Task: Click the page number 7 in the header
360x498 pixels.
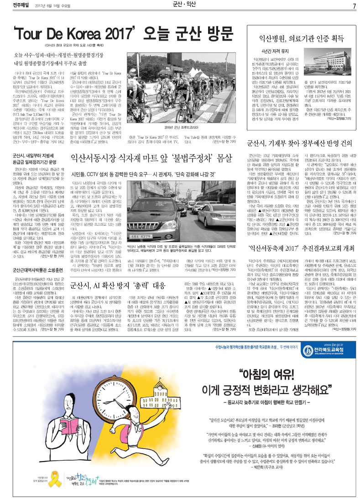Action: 354,6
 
